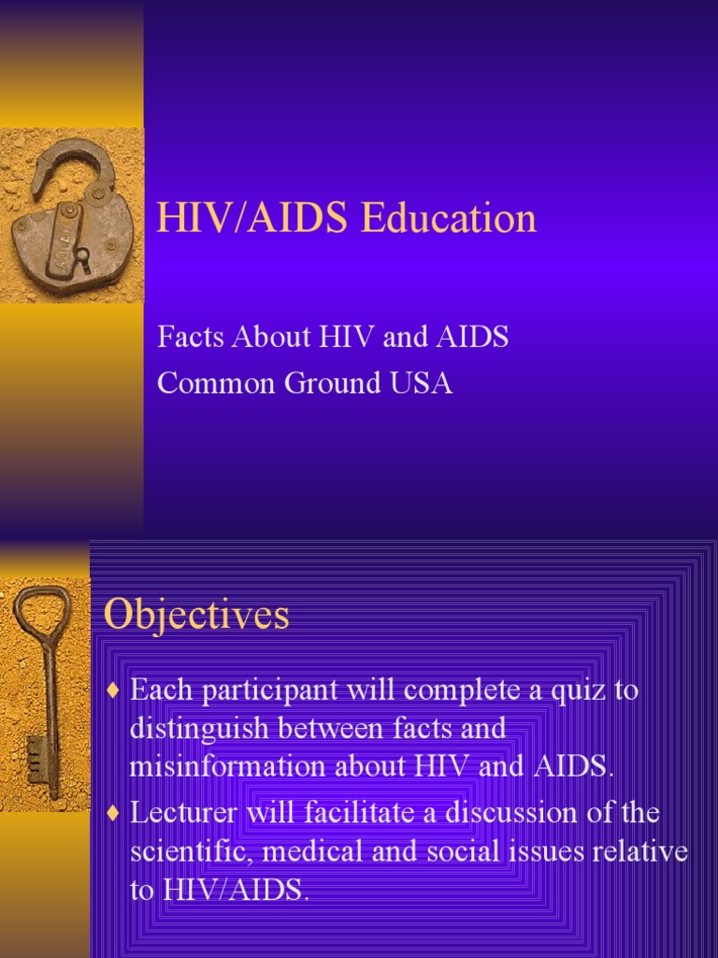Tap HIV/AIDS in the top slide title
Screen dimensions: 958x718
tap(253, 218)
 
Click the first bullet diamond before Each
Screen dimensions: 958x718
tap(114, 692)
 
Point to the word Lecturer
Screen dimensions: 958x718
tap(184, 813)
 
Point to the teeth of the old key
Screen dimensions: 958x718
tap(37, 752)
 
